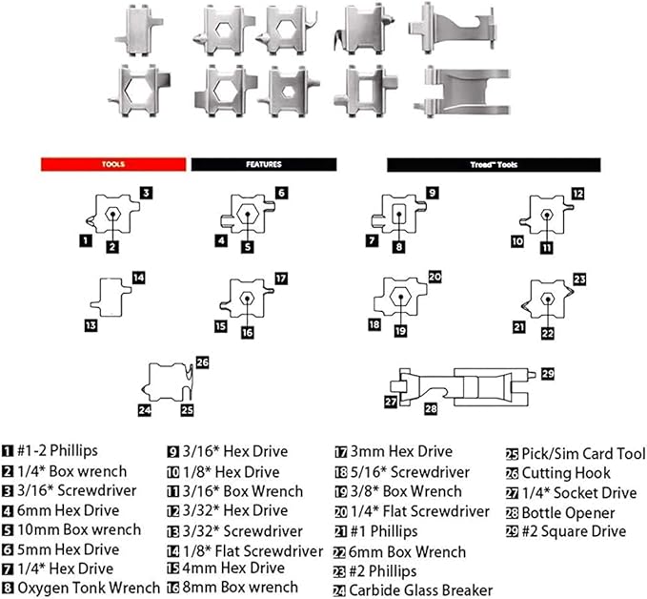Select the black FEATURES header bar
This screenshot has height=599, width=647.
click(264, 164)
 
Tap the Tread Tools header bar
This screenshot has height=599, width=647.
click(492, 164)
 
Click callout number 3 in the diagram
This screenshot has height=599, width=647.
click(147, 193)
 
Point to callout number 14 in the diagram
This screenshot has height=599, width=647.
click(138, 278)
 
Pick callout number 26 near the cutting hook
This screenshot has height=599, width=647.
click(201, 362)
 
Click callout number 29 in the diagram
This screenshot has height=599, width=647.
click(547, 373)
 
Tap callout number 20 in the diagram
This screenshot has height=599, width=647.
click(435, 278)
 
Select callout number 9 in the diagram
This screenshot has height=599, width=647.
click(432, 193)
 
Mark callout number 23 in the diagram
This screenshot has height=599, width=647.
click(580, 279)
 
